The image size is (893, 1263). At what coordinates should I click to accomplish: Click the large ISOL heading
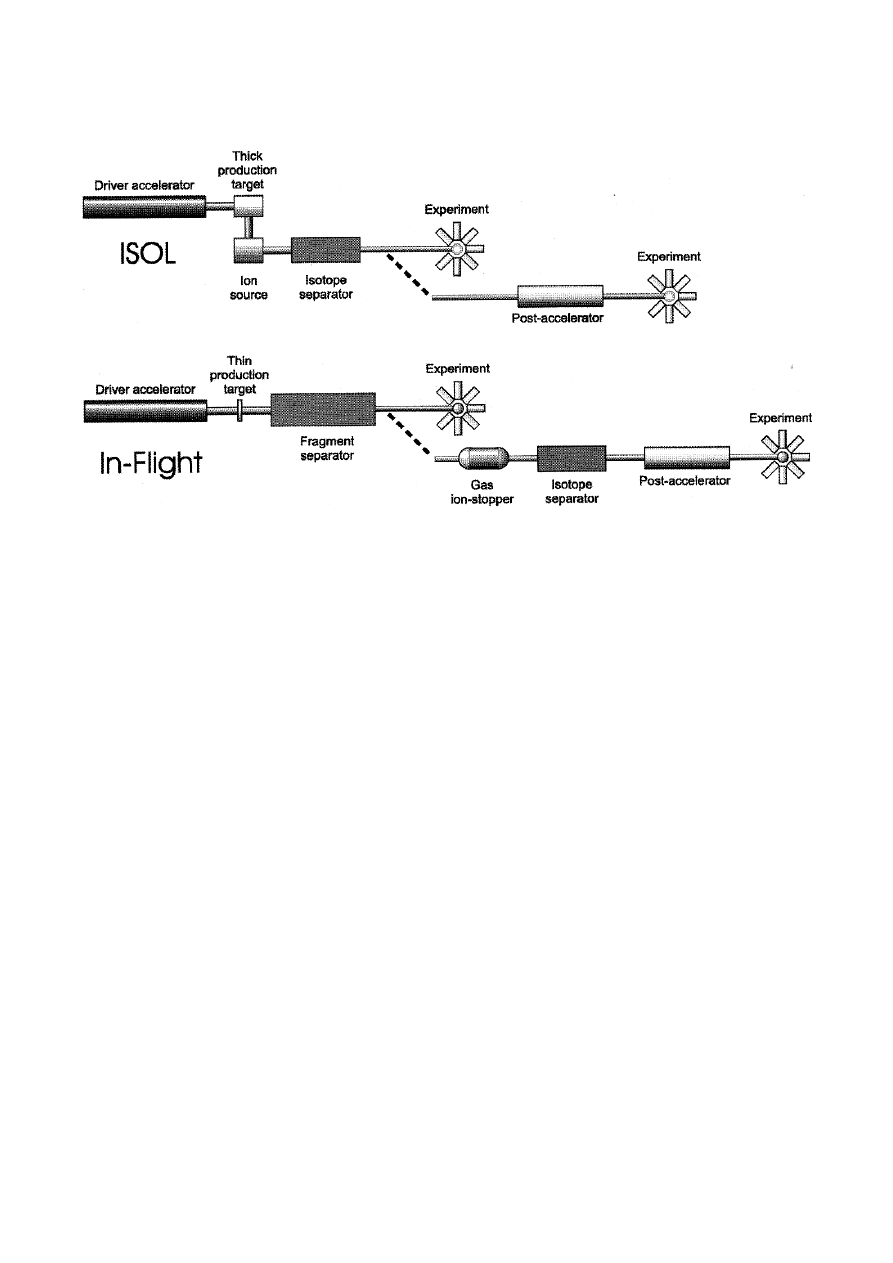tap(148, 253)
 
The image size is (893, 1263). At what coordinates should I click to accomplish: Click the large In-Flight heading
tap(151, 463)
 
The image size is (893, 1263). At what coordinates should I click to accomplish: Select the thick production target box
tap(248, 206)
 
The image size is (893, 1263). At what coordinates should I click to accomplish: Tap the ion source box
tap(248, 250)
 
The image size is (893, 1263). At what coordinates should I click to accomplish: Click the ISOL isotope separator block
tap(325, 250)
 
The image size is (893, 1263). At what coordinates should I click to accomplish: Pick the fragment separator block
tap(323, 409)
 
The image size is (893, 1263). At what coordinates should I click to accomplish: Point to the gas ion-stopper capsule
tap(484, 458)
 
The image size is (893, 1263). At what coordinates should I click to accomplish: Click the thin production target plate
tap(240, 410)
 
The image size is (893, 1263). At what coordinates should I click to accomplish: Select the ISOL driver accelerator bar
tap(144, 206)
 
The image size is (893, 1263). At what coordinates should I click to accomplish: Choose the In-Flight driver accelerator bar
tap(145, 411)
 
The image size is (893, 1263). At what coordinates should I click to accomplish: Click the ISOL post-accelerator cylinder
tap(560, 296)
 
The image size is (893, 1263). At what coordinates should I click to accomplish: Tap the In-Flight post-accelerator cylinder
tap(687, 457)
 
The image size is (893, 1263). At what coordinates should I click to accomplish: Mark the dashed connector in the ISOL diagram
tap(408, 275)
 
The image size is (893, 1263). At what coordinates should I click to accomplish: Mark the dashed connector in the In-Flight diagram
tap(409, 434)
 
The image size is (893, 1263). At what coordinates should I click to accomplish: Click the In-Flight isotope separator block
tap(571, 458)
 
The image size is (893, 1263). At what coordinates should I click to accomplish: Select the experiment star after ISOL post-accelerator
tap(670, 296)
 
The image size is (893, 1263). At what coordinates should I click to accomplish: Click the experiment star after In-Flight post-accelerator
tap(783, 457)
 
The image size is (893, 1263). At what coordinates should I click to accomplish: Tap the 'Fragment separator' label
tap(327, 448)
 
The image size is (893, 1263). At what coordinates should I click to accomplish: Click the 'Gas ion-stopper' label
tap(482, 492)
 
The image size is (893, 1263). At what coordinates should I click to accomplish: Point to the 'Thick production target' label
tap(247, 170)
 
